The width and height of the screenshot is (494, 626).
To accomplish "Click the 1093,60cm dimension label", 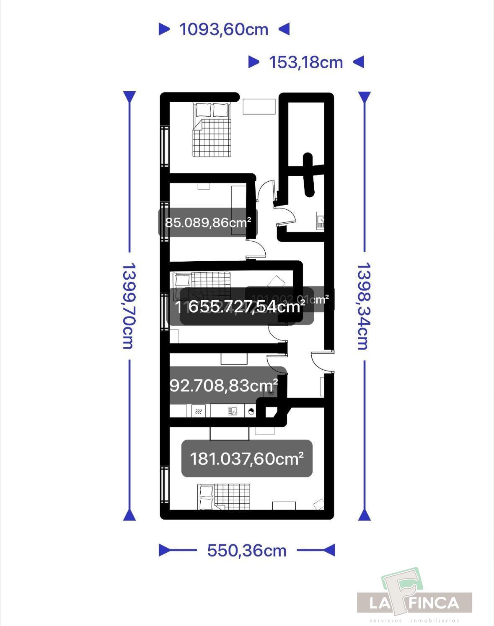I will coord(224,29).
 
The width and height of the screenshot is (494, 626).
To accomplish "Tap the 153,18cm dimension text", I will coord(306,62).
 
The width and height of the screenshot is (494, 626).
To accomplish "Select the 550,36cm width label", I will coord(247,550).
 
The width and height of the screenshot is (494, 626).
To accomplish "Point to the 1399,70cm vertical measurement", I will coord(128,306).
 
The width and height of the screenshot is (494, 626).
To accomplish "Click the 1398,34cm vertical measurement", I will coord(363,306).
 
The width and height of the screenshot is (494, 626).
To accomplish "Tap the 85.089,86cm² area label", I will coord(208,222).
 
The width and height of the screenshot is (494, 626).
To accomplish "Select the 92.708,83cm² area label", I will coord(224,385).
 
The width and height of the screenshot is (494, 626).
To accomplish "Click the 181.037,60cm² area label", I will coord(247,459).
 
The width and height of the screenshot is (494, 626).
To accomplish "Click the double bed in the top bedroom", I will coord(212,130).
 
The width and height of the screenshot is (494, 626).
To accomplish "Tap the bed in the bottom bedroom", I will coord(224,497).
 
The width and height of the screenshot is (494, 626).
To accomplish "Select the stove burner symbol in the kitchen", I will coord(199,411).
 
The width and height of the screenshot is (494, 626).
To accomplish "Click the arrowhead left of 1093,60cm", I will coord(164,29).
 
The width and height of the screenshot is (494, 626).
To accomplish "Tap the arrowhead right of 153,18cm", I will coord(358,62).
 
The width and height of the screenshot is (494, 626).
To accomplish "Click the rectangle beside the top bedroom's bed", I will coord(259,106).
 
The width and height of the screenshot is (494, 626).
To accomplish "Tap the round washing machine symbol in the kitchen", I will coord(251,411).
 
